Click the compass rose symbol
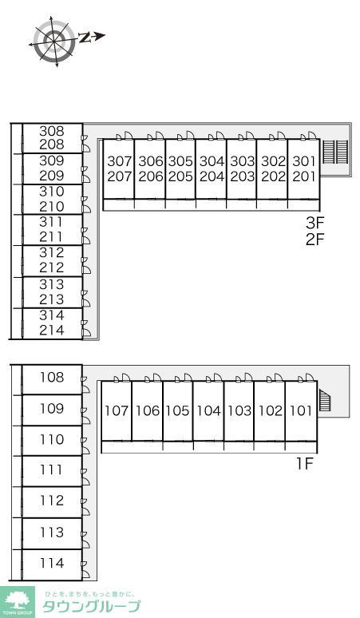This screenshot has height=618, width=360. click(54, 41)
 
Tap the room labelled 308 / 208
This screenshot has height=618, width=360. click(52, 138)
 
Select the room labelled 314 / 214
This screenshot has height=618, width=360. click(52, 323)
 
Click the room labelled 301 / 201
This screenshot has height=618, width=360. click(303, 169)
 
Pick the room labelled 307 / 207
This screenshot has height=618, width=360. click(119, 169)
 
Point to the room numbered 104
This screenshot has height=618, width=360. click(208, 410)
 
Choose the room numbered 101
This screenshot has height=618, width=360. click(301, 410)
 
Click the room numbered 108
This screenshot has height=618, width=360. click(52, 379)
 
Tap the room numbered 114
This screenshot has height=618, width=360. click(52, 565)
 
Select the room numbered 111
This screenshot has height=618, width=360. click(52, 471)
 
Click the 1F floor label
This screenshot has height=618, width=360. click(304, 464)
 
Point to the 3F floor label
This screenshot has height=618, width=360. click(315, 223)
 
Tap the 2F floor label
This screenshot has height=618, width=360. click(315, 239)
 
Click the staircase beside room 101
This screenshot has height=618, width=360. click(325, 400)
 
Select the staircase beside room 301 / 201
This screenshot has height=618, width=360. click(335, 152)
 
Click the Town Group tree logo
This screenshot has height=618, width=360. click(17, 602)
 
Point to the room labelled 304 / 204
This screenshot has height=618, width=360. click(212, 169)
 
